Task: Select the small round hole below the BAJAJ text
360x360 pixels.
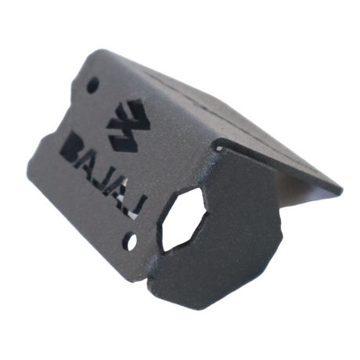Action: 131,239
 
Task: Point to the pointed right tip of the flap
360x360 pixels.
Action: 340,190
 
